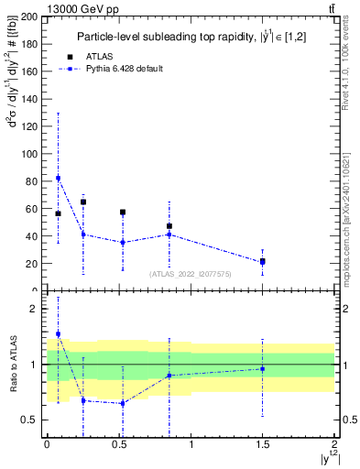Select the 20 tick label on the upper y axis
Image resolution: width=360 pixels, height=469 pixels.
[33, 264]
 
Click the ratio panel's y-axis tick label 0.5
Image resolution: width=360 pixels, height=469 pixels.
[32, 420]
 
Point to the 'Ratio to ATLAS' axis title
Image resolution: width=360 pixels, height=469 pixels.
[12, 365]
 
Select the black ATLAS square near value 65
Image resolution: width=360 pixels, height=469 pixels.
[83, 202]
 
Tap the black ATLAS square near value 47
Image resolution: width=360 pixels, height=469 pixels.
[169, 226]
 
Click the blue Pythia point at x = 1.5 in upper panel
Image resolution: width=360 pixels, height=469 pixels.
[262, 262]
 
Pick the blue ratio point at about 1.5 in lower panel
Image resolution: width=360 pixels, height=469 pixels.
[59, 334]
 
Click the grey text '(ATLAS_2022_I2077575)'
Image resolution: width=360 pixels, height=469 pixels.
[191, 273]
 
